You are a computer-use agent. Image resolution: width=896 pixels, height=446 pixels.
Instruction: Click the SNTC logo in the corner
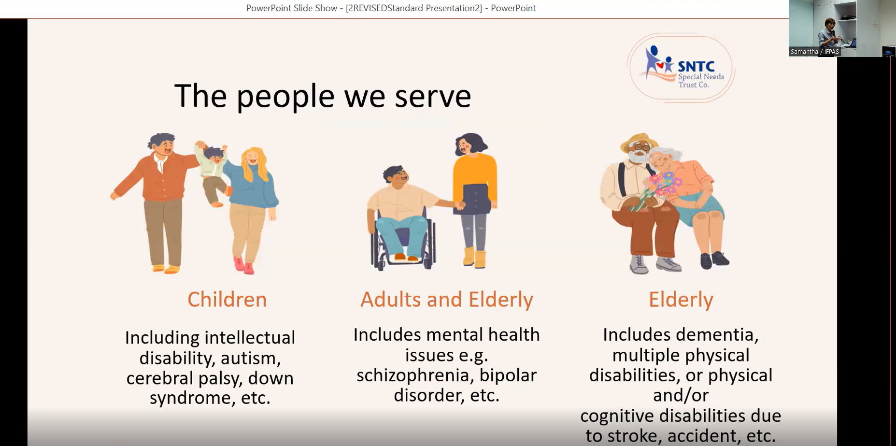point(681,68)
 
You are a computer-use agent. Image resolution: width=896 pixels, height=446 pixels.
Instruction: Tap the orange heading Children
point(227,300)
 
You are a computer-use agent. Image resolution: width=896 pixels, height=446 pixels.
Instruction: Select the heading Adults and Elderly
point(447,300)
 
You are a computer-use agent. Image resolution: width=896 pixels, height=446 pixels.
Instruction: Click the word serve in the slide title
point(433,96)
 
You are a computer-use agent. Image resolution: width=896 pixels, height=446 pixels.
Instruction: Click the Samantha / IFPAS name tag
point(814,52)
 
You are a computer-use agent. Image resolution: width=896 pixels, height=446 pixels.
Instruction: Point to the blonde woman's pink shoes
point(244,265)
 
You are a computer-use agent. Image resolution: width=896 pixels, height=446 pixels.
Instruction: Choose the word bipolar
point(508,375)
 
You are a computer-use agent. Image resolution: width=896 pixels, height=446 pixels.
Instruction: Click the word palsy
point(220,379)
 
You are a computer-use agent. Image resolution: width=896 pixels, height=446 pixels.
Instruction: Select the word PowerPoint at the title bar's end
point(513,8)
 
